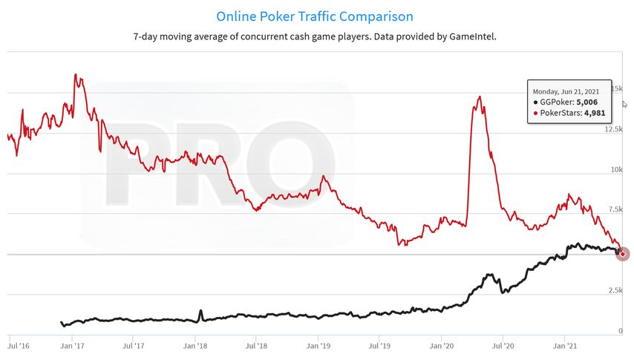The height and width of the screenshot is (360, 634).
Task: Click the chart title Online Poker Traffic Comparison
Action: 315,16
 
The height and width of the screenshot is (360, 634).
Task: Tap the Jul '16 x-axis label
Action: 19,346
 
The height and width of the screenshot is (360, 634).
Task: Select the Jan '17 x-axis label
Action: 72,346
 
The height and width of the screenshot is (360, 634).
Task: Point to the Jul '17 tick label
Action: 134,346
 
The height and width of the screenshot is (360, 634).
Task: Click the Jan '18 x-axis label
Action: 195,346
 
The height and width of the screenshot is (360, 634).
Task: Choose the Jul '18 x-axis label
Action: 256,346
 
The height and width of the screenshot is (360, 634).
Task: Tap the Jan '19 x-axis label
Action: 318,346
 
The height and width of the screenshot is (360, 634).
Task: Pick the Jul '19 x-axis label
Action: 379,346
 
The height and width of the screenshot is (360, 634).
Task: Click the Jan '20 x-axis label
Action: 442,346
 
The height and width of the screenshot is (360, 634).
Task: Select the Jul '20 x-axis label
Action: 503,346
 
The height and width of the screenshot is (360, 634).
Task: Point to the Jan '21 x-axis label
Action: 565,346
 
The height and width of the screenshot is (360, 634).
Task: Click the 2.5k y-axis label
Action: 615,290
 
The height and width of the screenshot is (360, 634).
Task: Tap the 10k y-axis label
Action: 617,169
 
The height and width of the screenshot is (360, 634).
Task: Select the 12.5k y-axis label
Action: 614,129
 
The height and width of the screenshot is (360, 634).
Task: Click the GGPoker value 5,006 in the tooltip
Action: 586,102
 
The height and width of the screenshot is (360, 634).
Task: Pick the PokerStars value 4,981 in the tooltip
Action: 595,113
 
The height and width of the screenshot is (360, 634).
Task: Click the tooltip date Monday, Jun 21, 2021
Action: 566,92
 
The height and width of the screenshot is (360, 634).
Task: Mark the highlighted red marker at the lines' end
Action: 623,254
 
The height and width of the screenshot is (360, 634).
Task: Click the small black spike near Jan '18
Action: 200,314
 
